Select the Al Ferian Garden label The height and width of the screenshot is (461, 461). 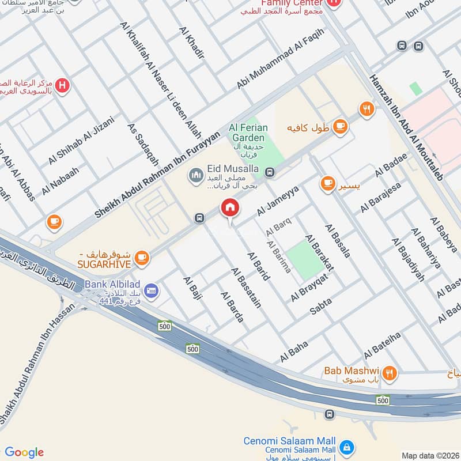[247, 133]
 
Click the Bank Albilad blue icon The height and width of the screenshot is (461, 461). [152, 290]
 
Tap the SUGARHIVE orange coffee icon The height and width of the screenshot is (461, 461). [142, 258]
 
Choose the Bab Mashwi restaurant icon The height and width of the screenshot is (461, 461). [391, 373]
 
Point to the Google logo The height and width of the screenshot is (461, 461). [24, 452]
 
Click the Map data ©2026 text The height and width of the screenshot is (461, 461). [430, 455]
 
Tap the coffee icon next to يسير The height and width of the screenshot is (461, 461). [328, 183]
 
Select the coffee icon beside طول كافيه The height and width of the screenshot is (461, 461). [340, 125]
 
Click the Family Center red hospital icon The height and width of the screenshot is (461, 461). [333, 5]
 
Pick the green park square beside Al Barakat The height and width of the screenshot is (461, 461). [305, 259]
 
